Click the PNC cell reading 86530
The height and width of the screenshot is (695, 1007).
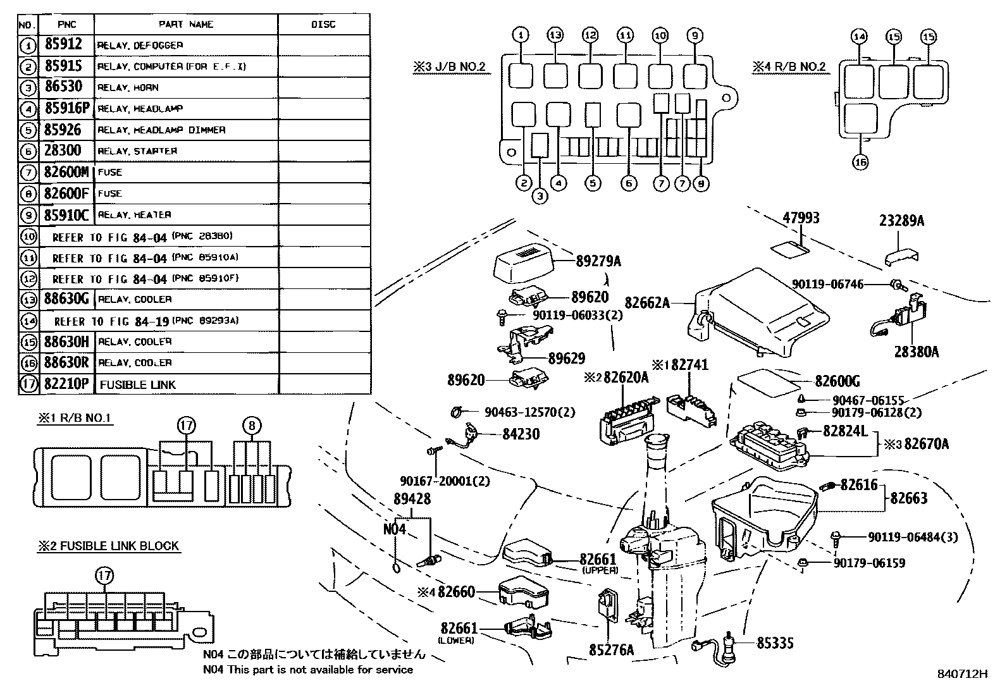tap(63, 87)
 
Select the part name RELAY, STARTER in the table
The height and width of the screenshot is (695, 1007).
tap(137, 151)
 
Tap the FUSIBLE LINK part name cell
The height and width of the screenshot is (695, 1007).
tap(138, 384)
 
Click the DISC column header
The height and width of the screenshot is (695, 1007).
tap(323, 25)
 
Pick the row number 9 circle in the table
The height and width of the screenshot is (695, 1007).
tap(27, 215)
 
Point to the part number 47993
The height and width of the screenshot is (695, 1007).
tap(801, 218)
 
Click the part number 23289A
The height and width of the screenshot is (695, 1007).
tap(901, 221)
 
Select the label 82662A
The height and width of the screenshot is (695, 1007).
tap(647, 303)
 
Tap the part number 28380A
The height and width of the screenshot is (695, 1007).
tap(916, 351)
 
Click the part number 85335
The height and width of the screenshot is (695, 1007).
tap(775, 643)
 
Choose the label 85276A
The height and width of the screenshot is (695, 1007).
tap(611, 649)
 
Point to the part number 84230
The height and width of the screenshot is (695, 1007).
tap(521, 434)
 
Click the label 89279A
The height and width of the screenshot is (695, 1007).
tap(598, 261)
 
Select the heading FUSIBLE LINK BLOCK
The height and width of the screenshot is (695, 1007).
tap(108, 546)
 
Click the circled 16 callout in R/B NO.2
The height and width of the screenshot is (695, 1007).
tap(860, 162)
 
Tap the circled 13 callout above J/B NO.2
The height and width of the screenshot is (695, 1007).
tap(555, 35)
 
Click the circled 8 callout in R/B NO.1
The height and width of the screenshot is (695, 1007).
tap(252, 426)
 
